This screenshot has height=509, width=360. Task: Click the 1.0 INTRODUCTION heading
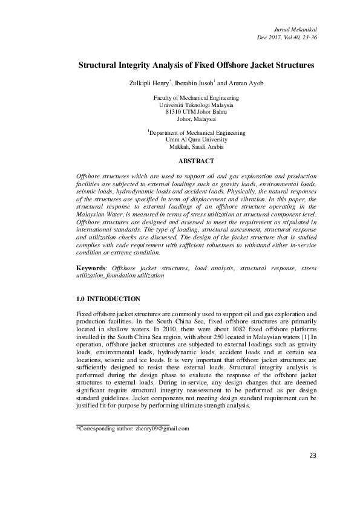click(109, 299)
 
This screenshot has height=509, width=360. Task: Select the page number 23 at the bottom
click(313, 472)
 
